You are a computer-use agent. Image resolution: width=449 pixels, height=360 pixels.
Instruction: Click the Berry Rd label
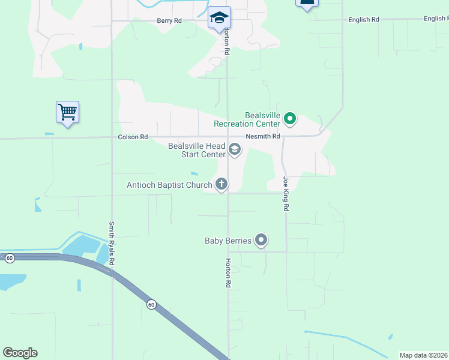(169, 20)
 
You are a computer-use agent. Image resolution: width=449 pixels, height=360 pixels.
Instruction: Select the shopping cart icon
(67, 112)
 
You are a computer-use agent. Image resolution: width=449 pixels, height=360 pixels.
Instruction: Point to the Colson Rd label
(133, 137)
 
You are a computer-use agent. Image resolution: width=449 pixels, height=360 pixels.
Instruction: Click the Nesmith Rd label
(267, 136)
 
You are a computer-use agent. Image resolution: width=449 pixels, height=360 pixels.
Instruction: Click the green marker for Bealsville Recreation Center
(290, 119)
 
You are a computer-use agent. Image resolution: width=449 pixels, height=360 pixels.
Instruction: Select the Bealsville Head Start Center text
(197, 150)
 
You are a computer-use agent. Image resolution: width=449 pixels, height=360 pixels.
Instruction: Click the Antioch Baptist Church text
(169, 185)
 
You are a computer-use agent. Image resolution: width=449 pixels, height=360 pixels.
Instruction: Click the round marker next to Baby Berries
(261, 241)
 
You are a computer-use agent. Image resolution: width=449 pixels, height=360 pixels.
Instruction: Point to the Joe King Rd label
(286, 193)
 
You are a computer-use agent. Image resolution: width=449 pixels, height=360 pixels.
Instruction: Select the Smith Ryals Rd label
(112, 243)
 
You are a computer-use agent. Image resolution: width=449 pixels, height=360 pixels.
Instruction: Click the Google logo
(20, 352)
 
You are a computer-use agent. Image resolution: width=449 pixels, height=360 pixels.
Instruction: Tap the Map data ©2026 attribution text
(423, 355)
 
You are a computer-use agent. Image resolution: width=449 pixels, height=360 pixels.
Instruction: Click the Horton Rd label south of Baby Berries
(228, 271)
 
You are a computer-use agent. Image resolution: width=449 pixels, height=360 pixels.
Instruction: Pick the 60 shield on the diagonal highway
(151, 305)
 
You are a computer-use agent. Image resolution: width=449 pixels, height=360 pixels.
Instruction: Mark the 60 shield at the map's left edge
(10, 258)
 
